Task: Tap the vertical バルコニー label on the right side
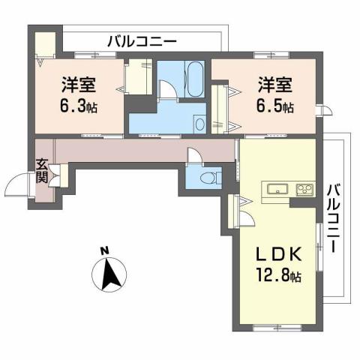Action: click(x=335, y=217)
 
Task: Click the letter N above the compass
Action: click(x=106, y=250)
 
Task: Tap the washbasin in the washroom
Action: click(x=199, y=124)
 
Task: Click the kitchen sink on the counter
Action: click(x=274, y=188)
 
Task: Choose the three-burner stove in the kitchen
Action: click(x=304, y=188)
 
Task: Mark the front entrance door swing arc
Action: click(x=16, y=182)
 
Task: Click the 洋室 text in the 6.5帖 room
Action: click(x=276, y=83)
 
